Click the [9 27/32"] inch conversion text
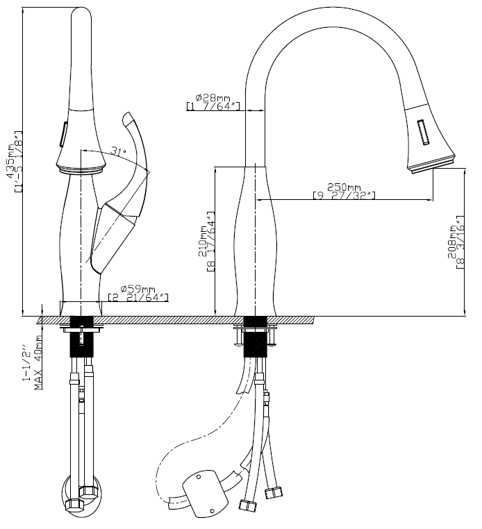click(x=344, y=197)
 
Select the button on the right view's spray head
click(x=423, y=132)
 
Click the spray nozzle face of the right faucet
click(x=431, y=164)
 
